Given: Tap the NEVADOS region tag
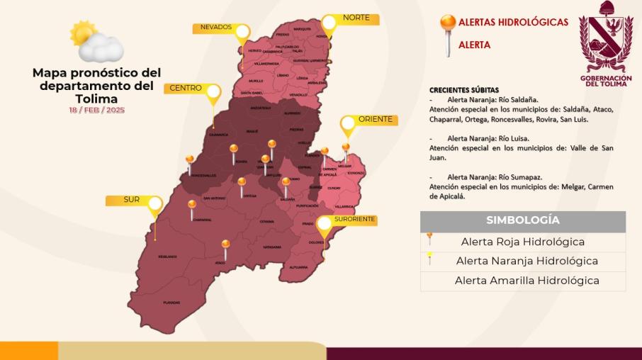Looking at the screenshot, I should [216, 28].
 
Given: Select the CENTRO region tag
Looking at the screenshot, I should [184, 89].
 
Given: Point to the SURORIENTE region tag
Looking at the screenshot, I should [354, 220].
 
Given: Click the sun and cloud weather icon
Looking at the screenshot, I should [96, 41].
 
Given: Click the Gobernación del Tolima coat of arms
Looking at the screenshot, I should [606, 39].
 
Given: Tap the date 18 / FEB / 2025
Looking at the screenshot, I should [96, 110].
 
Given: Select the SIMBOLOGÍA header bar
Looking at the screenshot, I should [523, 220].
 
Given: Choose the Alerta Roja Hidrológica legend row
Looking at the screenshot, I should [523, 242].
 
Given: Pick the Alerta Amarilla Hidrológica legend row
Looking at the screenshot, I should [523, 281].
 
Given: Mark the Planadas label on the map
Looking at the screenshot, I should [171, 302].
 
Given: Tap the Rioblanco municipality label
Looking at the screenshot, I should [167, 256].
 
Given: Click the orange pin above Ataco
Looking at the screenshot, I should [225, 247].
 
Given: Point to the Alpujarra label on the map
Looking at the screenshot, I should [298, 267].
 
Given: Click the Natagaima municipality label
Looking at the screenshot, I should [271, 247].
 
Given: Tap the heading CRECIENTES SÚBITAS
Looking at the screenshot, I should [464, 90].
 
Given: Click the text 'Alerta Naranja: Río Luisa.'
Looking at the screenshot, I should [488, 138].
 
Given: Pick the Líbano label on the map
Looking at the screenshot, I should [283, 75].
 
